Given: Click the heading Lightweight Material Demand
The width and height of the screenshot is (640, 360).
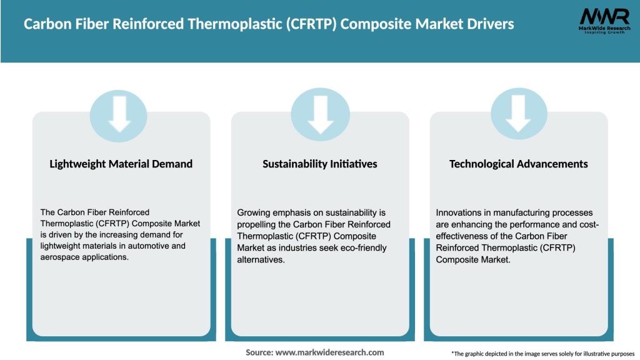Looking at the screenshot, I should (121, 164).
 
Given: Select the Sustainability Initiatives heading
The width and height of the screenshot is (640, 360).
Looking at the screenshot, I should (319, 164).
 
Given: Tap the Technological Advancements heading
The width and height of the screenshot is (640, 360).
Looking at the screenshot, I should (518, 164).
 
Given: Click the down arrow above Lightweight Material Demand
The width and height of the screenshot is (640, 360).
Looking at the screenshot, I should (120, 114).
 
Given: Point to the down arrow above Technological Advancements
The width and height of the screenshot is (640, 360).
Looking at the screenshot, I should (519, 114).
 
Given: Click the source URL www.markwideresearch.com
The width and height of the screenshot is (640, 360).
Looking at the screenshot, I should (329, 352).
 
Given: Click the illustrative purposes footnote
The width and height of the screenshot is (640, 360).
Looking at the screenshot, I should (542, 354).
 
